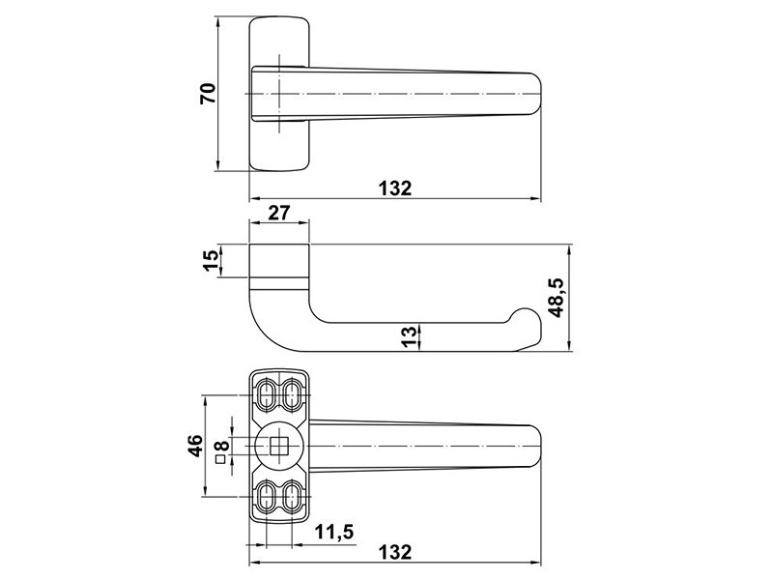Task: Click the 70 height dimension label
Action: (208, 94)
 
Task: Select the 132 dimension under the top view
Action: (394, 188)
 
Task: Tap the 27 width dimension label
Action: (279, 213)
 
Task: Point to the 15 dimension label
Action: (211, 261)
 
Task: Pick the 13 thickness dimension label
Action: (409, 337)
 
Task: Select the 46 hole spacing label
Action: (196, 446)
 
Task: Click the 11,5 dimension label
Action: (334, 533)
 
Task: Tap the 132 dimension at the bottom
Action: (394, 552)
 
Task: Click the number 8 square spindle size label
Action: (222, 447)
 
